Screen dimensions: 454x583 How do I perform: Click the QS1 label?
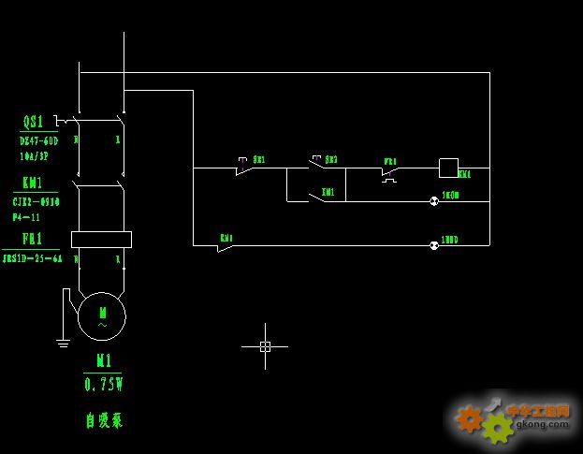pyautogui.click(x=33, y=122)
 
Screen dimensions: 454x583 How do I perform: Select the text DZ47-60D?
pyautogui.click(x=38, y=140)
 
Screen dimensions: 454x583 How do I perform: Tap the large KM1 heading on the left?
pyautogui.click(x=33, y=183)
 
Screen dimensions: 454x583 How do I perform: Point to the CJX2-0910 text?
pyautogui.click(x=36, y=201)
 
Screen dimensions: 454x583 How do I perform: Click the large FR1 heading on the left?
pyautogui.click(x=33, y=239)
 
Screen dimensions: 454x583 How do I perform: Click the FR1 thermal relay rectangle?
pyautogui.click(x=101, y=240)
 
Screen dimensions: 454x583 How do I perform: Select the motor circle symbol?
pyautogui.click(x=101, y=316)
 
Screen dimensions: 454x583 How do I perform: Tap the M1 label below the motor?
pyautogui.click(x=103, y=361)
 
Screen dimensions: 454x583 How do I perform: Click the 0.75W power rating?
pyautogui.click(x=103, y=384)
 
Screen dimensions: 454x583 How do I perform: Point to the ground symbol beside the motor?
pyautogui.click(x=63, y=343)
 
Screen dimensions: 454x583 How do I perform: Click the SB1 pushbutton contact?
pyautogui.click(x=243, y=168)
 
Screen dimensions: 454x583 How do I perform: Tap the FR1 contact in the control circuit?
pyautogui.click(x=390, y=169)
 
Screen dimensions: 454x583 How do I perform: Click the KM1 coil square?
pyautogui.click(x=448, y=168)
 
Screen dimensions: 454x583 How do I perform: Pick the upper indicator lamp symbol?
pyautogui.click(x=434, y=200)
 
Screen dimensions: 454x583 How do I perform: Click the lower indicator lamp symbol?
pyautogui.click(x=434, y=245)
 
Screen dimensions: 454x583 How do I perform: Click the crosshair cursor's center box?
pyautogui.click(x=265, y=346)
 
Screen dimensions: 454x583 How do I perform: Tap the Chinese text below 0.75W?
pyautogui.click(x=103, y=420)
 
